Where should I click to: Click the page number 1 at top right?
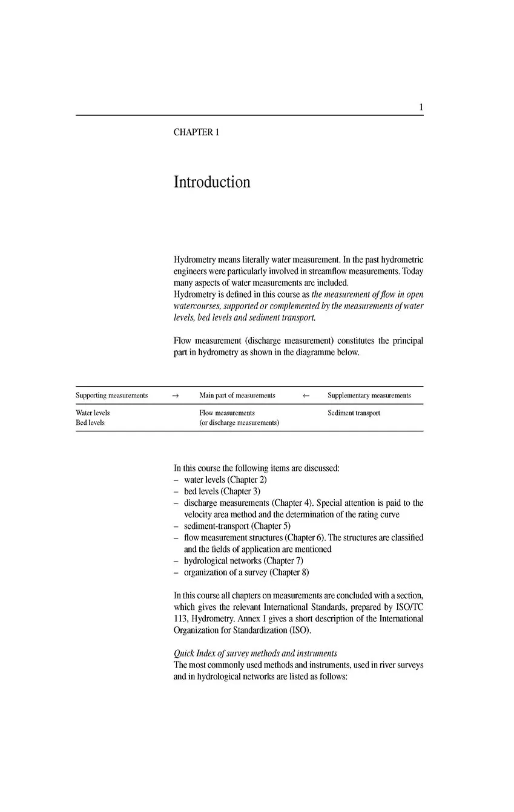coord(421,108)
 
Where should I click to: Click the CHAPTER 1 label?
coord(196,133)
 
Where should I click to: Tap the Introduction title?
coord(212,182)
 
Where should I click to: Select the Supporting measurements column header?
coord(111,396)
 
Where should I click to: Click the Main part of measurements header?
coord(237,396)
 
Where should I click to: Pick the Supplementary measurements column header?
coord(369,396)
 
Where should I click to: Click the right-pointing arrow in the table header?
coord(176,396)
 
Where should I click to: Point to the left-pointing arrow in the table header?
coord(306,396)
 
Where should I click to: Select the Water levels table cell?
coord(93,413)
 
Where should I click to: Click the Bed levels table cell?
coord(90,423)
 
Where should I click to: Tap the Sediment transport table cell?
coord(354,413)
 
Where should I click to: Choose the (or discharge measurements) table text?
coord(239,423)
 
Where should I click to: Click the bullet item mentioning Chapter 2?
coord(225,480)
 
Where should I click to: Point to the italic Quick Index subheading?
coord(255,653)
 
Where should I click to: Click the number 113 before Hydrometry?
coord(180,619)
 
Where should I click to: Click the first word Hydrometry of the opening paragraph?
coord(194,260)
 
